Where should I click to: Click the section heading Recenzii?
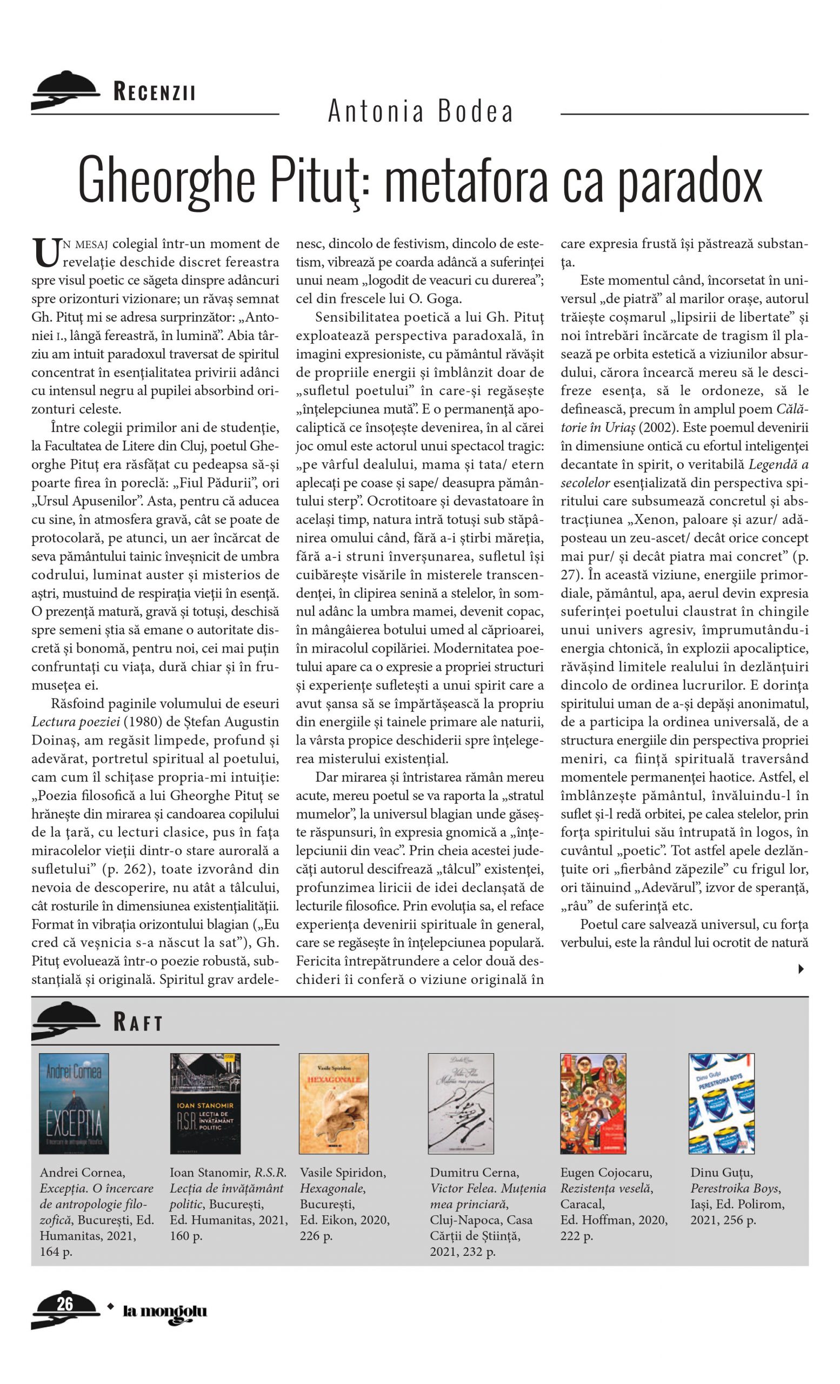click(x=154, y=91)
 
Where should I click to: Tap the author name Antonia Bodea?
click(x=420, y=111)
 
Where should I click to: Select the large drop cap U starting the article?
click(x=45, y=253)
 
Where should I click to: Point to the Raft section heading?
click(x=137, y=1022)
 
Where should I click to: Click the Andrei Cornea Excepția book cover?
click(x=74, y=1103)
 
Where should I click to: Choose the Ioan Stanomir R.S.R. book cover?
click(x=205, y=1103)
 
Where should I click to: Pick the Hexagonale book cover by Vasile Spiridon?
click(x=334, y=1103)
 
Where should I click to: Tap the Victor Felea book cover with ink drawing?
click(x=461, y=1103)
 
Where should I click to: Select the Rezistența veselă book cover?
click(x=593, y=1103)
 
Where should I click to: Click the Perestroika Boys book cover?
click(x=722, y=1103)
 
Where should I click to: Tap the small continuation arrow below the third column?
click(x=801, y=968)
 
